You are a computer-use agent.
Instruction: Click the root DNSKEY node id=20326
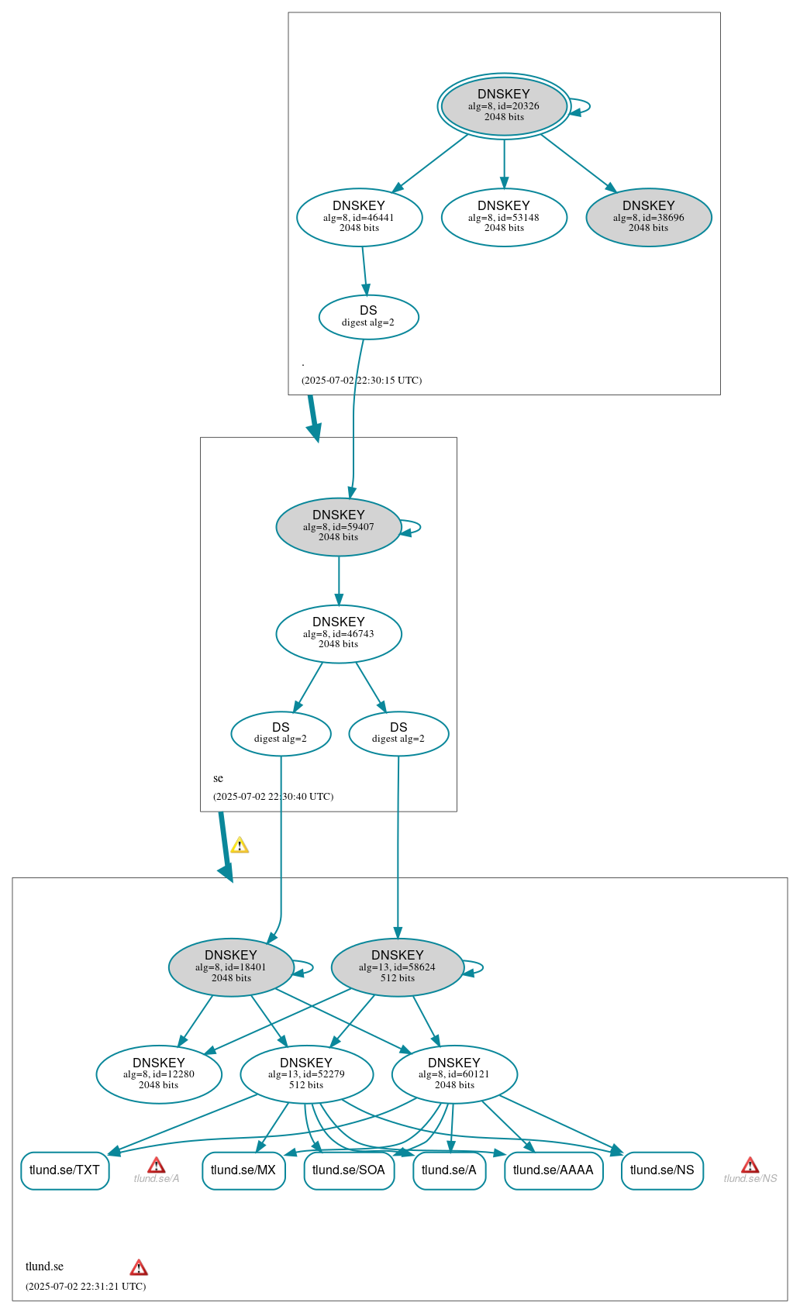504,106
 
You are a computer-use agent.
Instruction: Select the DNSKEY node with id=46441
359,217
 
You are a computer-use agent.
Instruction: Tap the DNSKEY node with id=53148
504,217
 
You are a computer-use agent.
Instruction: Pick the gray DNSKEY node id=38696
649,217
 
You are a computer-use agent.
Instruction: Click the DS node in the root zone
368,316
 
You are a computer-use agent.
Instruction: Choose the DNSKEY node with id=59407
339,526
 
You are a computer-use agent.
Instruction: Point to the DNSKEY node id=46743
339,633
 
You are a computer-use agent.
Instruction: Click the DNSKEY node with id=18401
231,967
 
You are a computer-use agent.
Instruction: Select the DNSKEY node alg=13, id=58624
397,967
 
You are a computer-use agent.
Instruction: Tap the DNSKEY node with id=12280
159,1073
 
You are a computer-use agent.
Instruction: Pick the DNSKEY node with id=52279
306,1073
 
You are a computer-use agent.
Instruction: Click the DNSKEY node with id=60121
454,1073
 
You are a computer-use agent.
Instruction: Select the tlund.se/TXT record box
64,1170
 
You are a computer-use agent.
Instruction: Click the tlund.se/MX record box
243,1170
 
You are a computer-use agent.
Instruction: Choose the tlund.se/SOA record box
349,1170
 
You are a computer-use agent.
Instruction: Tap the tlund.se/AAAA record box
553,1170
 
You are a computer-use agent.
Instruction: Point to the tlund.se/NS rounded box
662,1170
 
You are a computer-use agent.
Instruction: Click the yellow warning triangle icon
240,846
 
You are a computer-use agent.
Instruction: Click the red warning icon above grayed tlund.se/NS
750,1165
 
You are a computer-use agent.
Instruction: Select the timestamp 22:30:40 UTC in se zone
274,796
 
